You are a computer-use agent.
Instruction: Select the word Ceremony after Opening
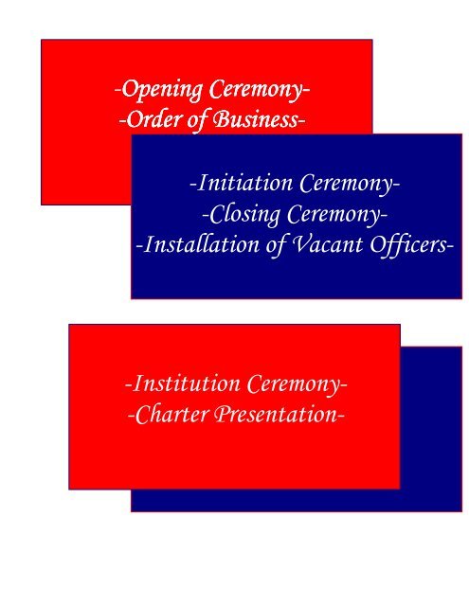pos(256,90)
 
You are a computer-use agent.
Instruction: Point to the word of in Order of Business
pos(197,120)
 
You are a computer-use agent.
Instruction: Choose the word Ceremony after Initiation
pos(346,184)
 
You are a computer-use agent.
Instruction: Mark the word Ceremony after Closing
pos(334,215)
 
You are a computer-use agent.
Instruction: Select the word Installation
pos(202,244)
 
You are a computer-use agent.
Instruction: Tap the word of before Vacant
pos(275,246)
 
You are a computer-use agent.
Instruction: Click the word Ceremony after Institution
pos(293,385)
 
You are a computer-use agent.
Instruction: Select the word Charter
pos(171,415)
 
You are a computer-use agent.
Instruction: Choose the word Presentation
pos(276,415)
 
